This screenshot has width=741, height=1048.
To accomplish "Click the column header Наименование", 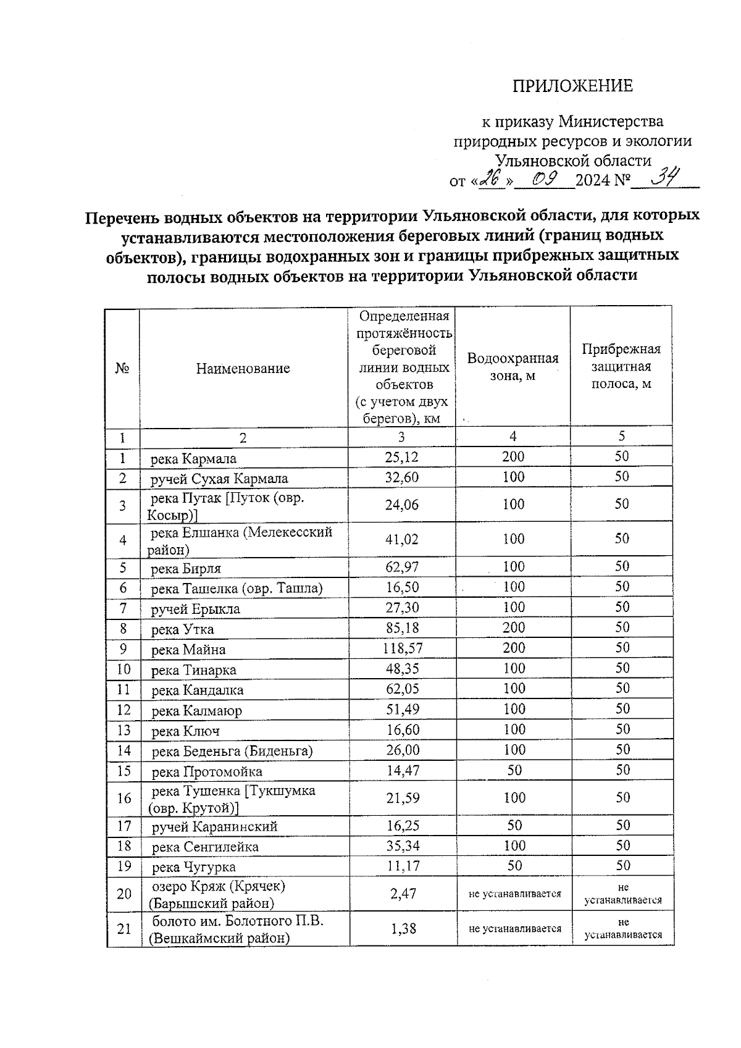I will coord(243,369).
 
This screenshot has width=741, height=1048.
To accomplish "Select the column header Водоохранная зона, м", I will coord(513,367).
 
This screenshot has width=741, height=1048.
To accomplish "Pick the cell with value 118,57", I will coord(402,648).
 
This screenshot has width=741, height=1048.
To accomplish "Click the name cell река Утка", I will coord(183,629).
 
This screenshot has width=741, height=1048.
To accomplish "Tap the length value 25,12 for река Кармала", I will coord(402,457).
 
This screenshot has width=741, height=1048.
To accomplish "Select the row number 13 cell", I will coord(124,730).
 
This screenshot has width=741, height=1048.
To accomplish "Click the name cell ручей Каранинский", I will coord(215,826).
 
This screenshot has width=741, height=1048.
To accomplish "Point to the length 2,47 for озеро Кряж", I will coord(403,893).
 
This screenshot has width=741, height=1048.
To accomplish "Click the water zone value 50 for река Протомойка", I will coord(514,770).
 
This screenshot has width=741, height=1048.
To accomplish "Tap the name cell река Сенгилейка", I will coord(205,847).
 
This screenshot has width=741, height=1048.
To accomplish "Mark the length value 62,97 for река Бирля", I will coord(402,567).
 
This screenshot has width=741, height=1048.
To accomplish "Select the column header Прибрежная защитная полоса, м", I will coord(621,366).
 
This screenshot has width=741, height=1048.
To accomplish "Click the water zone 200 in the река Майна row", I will coord(514,648).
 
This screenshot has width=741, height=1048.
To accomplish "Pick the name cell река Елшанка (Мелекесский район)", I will coord(241,540).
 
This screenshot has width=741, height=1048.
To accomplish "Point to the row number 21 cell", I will coord(124,928).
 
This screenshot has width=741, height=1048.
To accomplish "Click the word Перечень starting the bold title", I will coord(119,217).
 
